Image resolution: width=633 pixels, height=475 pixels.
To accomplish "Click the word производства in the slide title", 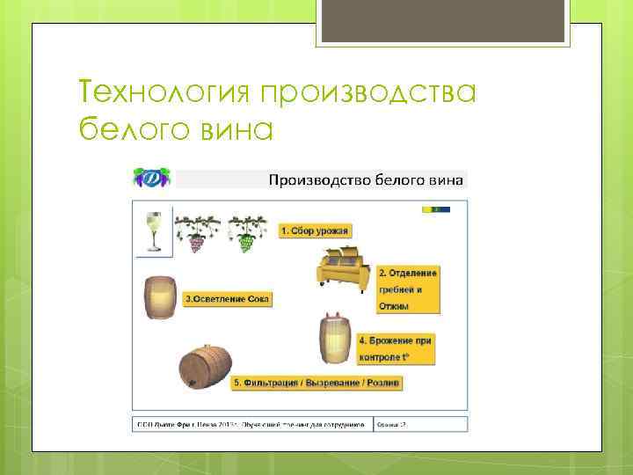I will tap(368, 91).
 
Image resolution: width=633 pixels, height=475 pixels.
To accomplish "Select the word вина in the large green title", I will tap(235, 129).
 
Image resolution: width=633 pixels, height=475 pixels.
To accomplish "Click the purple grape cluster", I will tap(193, 238).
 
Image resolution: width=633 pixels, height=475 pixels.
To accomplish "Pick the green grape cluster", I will tap(245, 238).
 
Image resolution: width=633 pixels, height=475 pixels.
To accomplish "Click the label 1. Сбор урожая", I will tap(315, 231).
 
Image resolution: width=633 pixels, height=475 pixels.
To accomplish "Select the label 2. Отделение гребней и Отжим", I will tap(407, 289).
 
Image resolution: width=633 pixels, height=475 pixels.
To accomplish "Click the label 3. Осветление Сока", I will tap(228, 299).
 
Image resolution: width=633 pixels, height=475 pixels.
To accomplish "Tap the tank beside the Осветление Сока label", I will tap(159, 298).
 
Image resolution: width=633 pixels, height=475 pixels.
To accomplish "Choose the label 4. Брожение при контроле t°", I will tap(397, 347).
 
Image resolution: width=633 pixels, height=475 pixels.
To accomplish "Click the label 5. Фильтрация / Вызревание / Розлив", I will tap(316, 384).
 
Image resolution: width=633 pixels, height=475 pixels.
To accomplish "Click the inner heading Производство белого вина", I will tap(364, 180).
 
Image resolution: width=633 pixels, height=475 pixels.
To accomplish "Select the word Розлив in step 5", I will tap(383, 384).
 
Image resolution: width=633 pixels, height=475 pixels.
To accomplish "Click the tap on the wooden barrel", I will tap(186, 384).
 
